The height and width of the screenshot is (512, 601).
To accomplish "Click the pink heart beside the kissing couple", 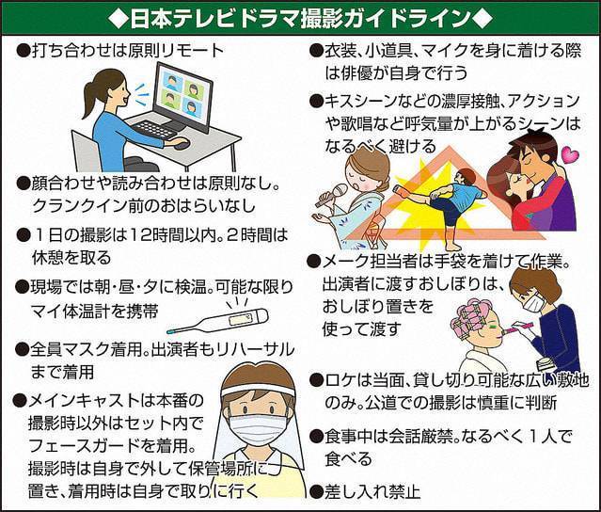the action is [570, 154].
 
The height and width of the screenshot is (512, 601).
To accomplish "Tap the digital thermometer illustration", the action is [217, 321].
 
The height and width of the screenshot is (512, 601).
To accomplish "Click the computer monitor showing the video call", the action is [183, 97].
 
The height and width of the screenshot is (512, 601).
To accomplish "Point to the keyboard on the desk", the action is [154, 130].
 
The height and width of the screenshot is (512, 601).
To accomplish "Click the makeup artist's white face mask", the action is [534, 301].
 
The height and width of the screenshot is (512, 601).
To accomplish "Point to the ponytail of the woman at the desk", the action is [89, 101].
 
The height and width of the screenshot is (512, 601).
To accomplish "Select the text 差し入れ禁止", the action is [372, 491].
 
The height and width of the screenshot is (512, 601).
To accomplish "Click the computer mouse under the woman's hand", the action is [182, 145].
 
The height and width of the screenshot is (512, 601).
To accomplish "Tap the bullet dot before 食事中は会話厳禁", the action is [316, 436].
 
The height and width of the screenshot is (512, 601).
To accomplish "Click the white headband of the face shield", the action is [258, 390].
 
